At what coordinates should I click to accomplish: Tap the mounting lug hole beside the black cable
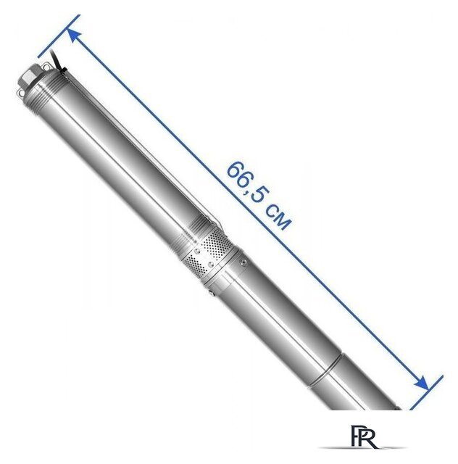pyautogui.click(x=46, y=67)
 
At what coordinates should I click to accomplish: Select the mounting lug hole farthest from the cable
pyautogui.click(x=20, y=94)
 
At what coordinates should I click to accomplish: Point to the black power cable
pyautogui.click(x=56, y=60)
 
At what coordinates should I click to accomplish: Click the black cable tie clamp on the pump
pyautogui.click(x=63, y=71)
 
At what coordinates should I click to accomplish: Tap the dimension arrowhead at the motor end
pyautogui.click(x=421, y=383)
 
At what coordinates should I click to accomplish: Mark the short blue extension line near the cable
pyautogui.click(x=59, y=36)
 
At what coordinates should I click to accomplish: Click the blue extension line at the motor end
pyautogui.click(x=426, y=392)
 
